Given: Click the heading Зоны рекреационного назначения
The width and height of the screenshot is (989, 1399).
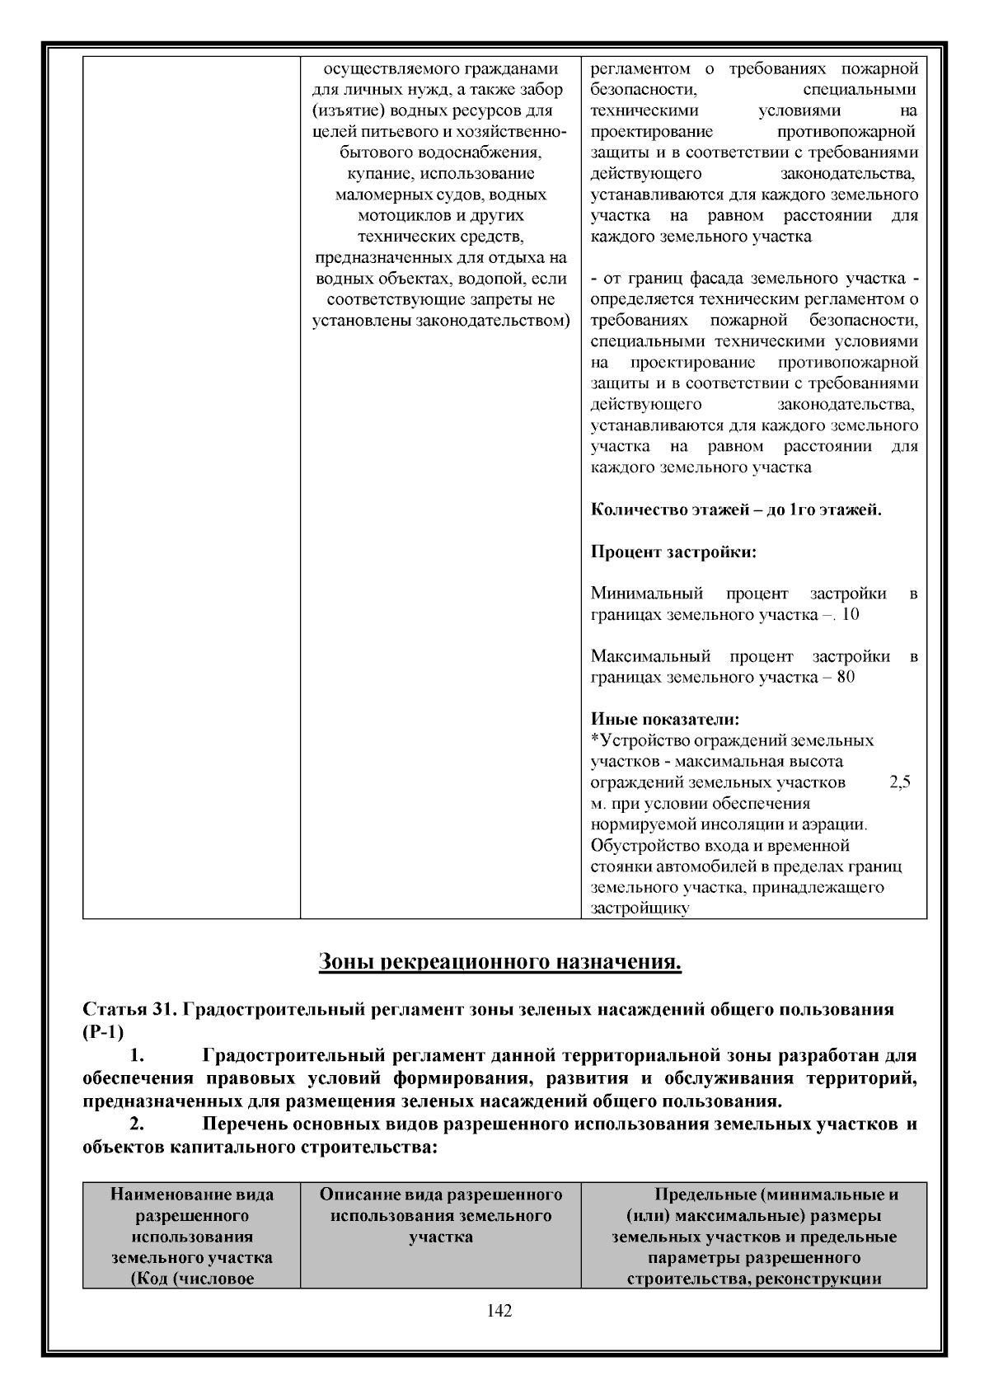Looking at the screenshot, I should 499,962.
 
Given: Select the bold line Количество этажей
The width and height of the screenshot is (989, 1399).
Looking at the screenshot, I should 736,509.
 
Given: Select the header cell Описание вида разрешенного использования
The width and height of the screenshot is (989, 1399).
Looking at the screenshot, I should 441,1215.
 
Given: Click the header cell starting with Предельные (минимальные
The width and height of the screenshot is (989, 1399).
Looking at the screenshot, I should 753,1236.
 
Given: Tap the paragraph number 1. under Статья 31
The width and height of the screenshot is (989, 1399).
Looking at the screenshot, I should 138,1056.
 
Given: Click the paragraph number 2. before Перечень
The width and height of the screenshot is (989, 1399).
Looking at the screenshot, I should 138,1124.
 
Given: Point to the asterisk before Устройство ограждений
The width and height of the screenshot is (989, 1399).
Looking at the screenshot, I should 595,740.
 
